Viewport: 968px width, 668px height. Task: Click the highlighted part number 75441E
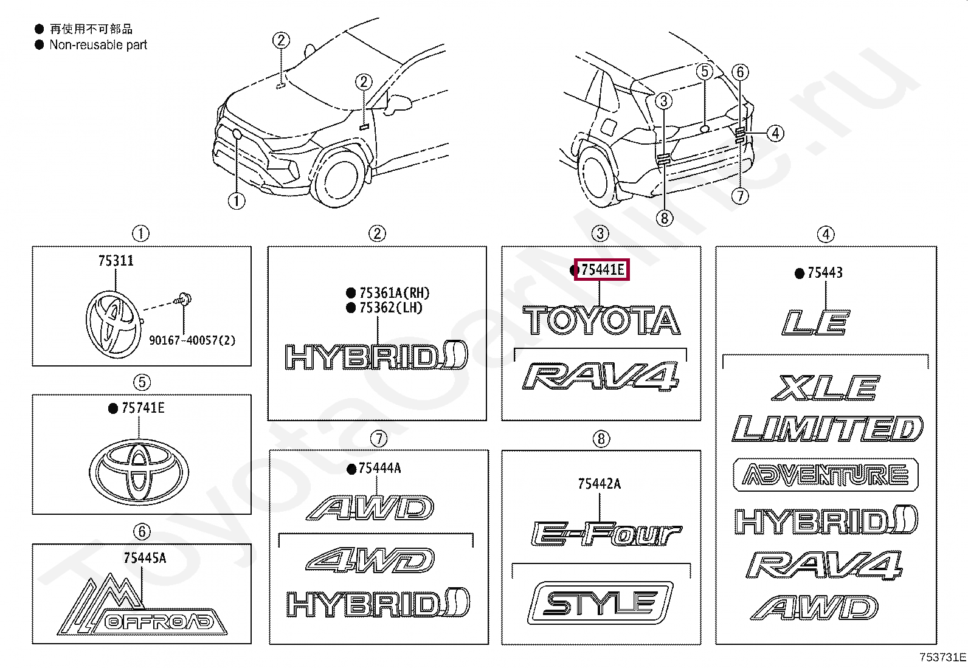[602, 269]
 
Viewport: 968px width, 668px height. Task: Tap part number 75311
[116, 261]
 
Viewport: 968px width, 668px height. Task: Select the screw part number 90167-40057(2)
[192, 340]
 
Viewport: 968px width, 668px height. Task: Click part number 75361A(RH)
[394, 293]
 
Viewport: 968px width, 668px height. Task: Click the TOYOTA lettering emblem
[601, 320]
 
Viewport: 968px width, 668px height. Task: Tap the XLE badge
[825, 388]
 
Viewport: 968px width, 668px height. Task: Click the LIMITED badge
[828, 429]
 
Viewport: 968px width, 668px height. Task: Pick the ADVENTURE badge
[826, 475]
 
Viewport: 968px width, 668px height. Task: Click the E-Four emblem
[606, 534]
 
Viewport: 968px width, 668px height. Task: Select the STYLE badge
[600, 604]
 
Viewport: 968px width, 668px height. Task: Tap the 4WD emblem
[370, 560]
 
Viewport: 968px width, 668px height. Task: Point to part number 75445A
[145, 558]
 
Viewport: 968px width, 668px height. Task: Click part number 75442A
[600, 484]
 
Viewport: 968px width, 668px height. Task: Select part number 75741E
[143, 408]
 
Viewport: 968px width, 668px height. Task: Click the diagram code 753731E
[942, 657]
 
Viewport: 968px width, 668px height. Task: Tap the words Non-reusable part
[99, 44]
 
